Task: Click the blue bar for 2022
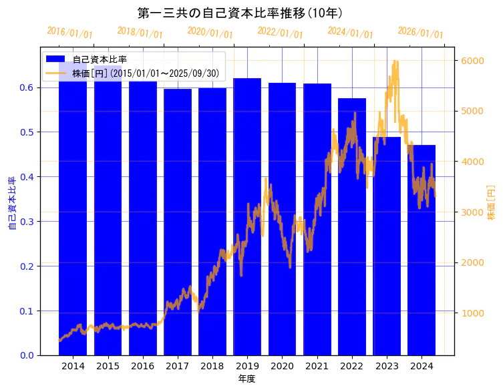tap(352, 226)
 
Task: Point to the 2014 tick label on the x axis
tap(73, 366)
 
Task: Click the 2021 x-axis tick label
tap(317, 366)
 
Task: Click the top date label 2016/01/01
tap(70, 33)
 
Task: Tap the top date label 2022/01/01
tap(280, 33)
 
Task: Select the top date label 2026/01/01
tap(420, 33)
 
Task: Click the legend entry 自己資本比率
tap(100, 59)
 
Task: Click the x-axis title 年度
tap(246, 379)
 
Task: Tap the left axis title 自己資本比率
tap(11, 204)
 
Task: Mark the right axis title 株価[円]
tap(491, 204)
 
